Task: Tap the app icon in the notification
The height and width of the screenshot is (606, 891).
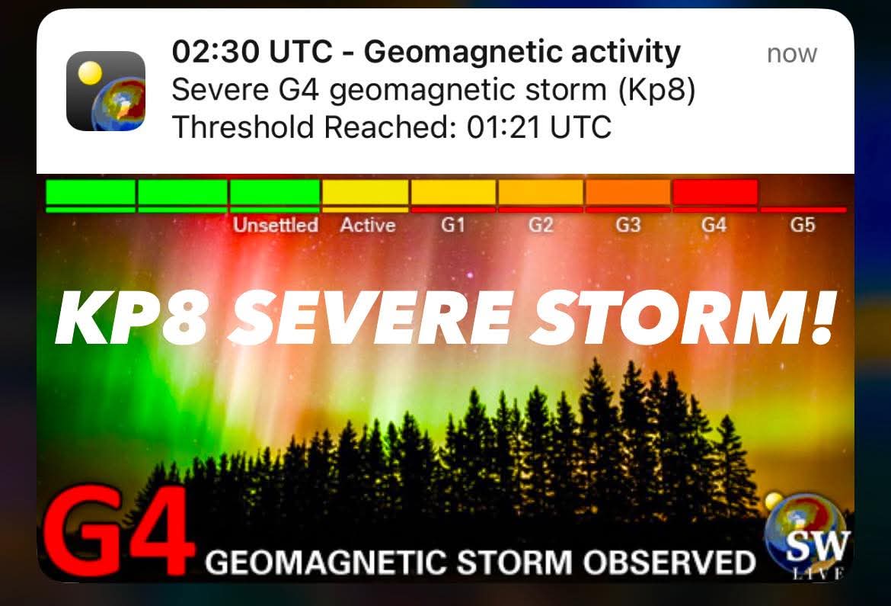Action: (106, 91)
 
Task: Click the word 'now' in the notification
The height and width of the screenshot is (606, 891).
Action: (791, 54)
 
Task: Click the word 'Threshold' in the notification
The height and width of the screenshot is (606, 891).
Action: (243, 127)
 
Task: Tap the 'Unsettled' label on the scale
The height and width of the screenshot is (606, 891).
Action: (276, 226)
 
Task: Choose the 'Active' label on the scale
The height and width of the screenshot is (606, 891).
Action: (368, 226)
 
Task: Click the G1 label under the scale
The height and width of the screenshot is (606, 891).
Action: (453, 226)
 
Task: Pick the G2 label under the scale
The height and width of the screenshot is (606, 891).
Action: (541, 226)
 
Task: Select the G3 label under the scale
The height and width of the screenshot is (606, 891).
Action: (628, 226)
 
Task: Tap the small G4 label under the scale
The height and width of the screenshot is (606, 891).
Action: (714, 226)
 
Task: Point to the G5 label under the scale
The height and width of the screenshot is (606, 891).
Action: (803, 226)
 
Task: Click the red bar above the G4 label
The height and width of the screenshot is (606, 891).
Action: (715, 192)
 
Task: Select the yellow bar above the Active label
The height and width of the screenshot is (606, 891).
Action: (366, 192)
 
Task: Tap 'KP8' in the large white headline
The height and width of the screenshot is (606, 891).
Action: (132, 318)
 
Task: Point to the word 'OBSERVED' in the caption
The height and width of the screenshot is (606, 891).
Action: (669, 563)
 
